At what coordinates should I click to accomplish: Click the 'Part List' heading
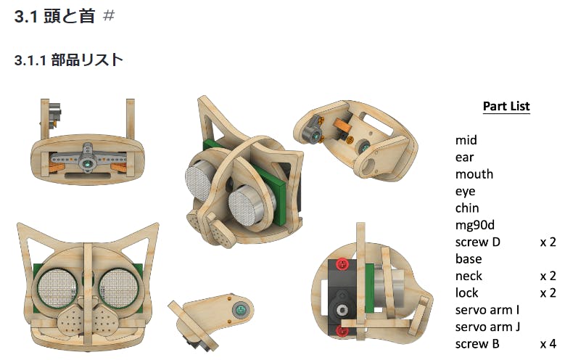pyautogui.click(x=506, y=106)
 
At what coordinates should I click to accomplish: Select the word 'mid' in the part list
pyautogui.click(x=466, y=140)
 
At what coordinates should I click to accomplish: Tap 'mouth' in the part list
pyautogui.click(x=474, y=174)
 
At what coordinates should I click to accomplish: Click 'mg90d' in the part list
pyautogui.click(x=475, y=225)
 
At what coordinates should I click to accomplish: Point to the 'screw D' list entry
pyautogui.click(x=478, y=242)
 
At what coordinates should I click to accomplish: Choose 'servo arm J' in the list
pyautogui.click(x=487, y=327)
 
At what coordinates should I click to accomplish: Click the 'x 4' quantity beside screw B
pyautogui.click(x=548, y=344)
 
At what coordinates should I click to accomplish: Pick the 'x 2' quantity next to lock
pyautogui.click(x=548, y=293)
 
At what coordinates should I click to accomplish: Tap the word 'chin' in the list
pyautogui.click(x=467, y=208)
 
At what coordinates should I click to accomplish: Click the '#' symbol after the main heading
pyautogui.click(x=109, y=16)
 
